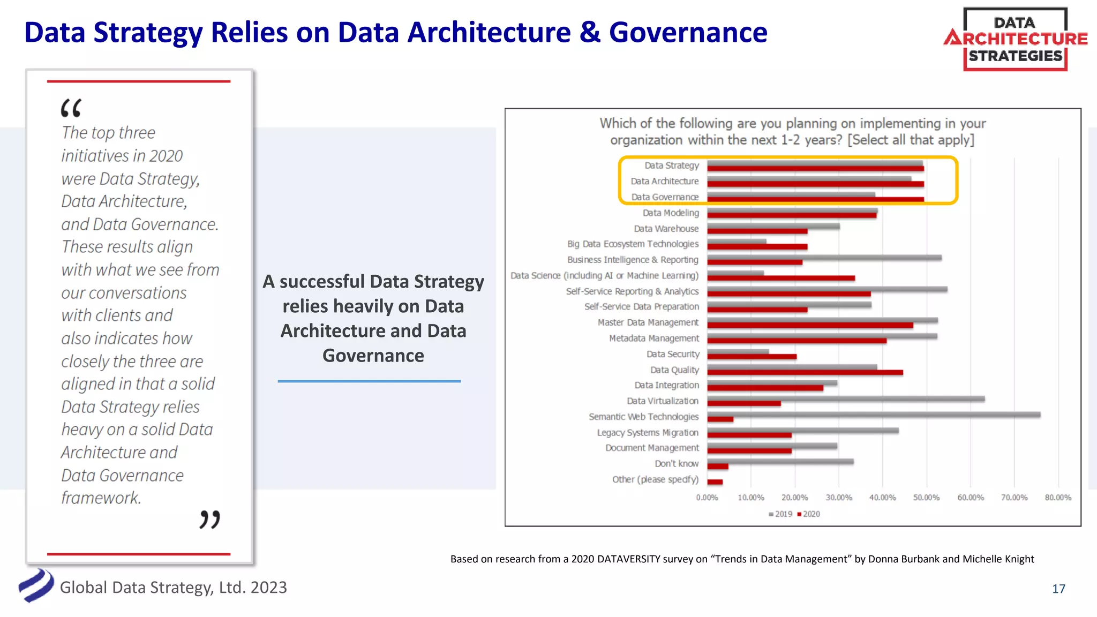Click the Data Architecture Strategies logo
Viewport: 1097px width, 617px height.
pyautogui.click(x=1015, y=39)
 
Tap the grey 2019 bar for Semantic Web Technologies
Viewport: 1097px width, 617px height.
pyautogui.click(x=873, y=415)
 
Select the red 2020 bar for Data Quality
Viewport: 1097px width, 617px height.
pyautogui.click(x=805, y=373)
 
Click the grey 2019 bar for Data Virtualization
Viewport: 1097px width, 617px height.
pyautogui.click(x=845, y=399)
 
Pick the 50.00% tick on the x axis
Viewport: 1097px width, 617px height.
pyautogui.click(x=926, y=498)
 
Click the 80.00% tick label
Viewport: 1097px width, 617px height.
pyautogui.click(x=1058, y=498)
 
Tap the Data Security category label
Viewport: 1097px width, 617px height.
pyautogui.click(x=673, y=354)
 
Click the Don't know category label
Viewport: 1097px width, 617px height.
pyautogui.click(x=677, y=464)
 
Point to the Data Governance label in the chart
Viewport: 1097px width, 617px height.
pyautogui.click(x=665, y=197)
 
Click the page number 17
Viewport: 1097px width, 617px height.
pyautogui.click(x=1058, y=589)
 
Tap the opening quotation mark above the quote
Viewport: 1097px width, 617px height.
pyautogui.click(x=71, y=108)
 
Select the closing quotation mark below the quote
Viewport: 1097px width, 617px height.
pyautogui.click(x=209, y=520)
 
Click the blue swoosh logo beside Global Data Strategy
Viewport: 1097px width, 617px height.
pyautogui.click(x=36, y=586)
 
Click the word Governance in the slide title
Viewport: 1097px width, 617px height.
pyautogui.click(x=688, y=33)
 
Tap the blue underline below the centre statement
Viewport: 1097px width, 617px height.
pyautogui.click(x=369, y=381)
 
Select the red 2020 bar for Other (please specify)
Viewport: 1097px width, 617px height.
pyautogui.click(x=715, y=482)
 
